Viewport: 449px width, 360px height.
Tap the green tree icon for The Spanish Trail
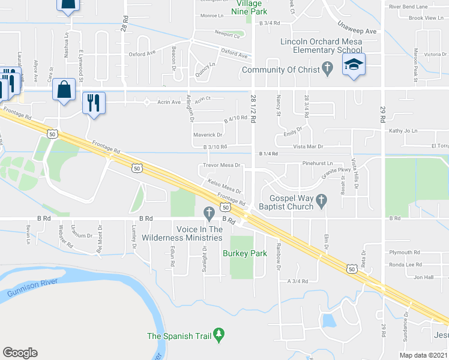click(x=218, y=332)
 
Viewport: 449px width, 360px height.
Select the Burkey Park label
click(x=244, y=253)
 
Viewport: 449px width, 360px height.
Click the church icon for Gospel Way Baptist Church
click(x=321, y=202)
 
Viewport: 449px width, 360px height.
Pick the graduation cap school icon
click(x=354, y=66)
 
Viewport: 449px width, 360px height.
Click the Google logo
click(x=20, y=352)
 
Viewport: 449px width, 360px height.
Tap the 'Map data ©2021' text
click(x=423, y=355)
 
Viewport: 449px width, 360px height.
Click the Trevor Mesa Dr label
click(x=221, y=165)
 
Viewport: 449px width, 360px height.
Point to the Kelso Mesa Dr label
click(x=223, y=187)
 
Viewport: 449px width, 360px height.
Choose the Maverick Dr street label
click(x=208, y=135)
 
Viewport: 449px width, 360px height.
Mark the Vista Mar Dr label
click(x=307, y=146)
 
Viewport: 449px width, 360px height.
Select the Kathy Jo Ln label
click(x=403, y=130)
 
